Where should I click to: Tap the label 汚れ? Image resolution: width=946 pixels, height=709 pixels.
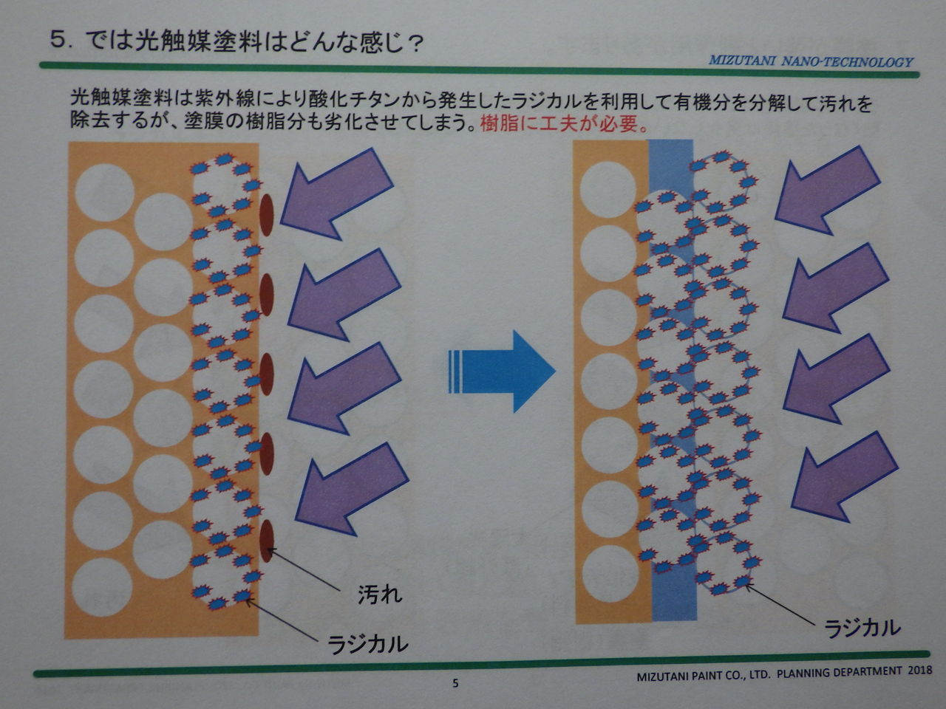pyautogui.click(x=380, y=595)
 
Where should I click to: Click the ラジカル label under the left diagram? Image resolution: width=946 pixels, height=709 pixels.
pyautogui.click(x=367, y=643)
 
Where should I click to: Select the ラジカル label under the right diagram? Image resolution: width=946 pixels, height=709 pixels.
pyautogui.click(x=862, y=628)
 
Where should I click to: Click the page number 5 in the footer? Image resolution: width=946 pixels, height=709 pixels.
pyautogui.click(x=455, y=683)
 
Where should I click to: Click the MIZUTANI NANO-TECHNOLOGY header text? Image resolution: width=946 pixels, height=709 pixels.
pyautogui.click(x=811, y=62)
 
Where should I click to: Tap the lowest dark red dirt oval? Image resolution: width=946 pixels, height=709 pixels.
pyautogui.click(x=268, y=539)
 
